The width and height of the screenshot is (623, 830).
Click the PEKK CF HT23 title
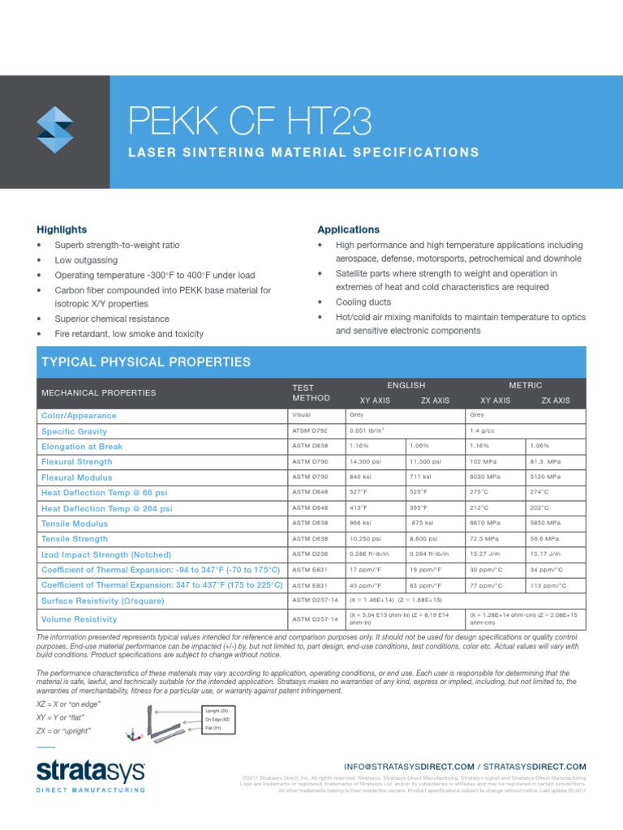[250, 122]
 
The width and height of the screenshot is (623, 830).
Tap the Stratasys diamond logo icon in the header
[55, 130]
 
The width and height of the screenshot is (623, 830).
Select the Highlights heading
[62, 229]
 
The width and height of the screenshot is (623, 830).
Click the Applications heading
[348, 229]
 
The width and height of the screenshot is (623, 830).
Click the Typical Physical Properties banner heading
[145, 362]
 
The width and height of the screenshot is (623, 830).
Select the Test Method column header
[311, 391]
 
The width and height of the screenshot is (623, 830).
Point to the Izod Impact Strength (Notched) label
[106, 554]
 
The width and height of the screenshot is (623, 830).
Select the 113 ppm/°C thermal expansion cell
[548, 585]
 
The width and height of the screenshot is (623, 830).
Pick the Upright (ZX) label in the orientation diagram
[216, 710]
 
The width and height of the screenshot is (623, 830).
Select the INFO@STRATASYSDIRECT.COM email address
[409, 766]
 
